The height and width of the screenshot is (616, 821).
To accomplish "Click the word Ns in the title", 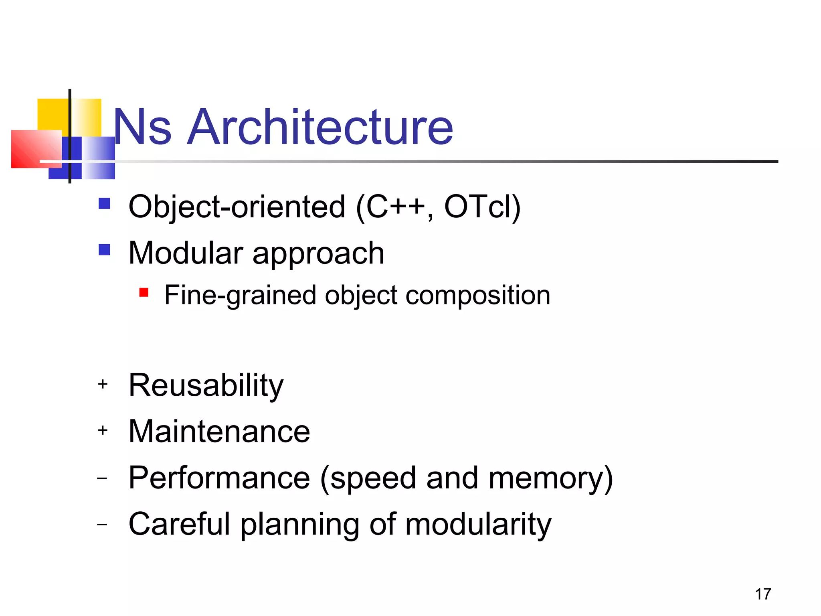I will [143, 127].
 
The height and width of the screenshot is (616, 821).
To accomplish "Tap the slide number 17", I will [763, 594].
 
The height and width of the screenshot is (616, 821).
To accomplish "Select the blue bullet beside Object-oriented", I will [104, 204].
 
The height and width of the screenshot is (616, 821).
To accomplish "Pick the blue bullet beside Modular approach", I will [104, 250].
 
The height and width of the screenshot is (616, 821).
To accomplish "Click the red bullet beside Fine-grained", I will [144, 292].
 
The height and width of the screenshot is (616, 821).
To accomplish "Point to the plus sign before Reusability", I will [103, 384].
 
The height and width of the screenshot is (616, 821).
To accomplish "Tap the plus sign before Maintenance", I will [103, 430].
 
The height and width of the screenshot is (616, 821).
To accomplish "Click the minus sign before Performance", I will [103, 478].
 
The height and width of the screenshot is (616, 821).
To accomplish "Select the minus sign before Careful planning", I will [103, 524].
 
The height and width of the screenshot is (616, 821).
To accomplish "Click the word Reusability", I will [206, 385].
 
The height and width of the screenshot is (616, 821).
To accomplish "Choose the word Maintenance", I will [219, 432].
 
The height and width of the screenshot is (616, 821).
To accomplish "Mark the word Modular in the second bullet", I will [186, 253].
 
